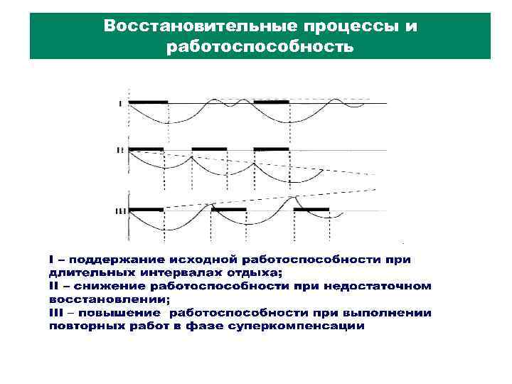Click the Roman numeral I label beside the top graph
(x=120, y=104)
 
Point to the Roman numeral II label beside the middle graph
(x=120, y=150)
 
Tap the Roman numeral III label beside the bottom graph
(x=120, y=211)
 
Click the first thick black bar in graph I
(x=147, y=102)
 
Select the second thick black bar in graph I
(x=272, y=102)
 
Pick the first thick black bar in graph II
(x=146, y=149)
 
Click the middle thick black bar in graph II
(x=209, y=149)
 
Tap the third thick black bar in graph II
(x=272, y=149)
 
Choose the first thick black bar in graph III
(x=146, y=210)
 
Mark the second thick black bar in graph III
(x=228, y=210)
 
